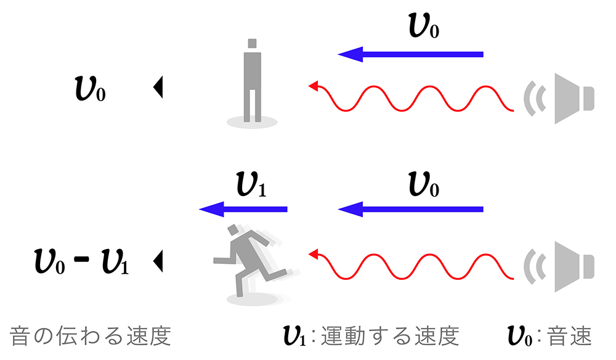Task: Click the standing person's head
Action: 252,44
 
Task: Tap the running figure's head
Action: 233,230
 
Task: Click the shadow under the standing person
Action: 251,122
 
